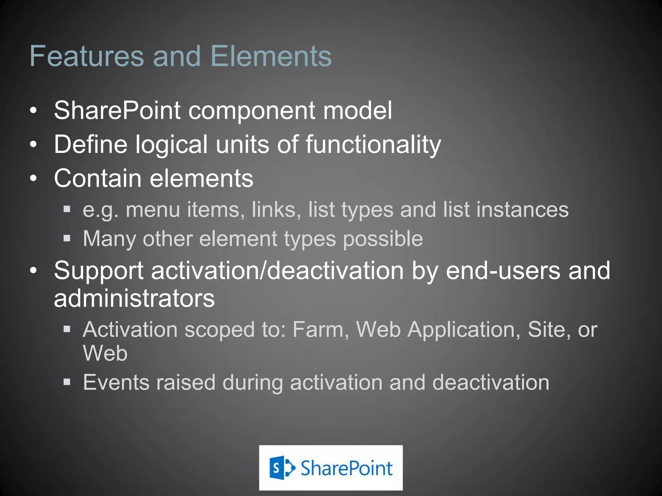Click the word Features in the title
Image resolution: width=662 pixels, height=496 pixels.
pyautogui.click(x=86, y=56)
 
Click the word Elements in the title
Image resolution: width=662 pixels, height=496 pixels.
pyautogui.click(x=271, y=56)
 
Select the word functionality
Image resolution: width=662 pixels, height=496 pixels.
pyautogui.click(x=373, y=144)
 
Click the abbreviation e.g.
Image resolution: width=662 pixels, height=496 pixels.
pyautogui.click(x=101, y=210)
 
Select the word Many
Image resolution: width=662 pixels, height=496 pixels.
pyautogui.click(x=109, y=239)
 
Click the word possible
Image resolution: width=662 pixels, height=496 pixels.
pyautogui.click(x=383, y=239)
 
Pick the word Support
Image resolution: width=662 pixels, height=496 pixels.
pyautogui.click(x=99, y=271)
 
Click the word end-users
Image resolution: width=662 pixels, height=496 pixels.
pyautogui.click(x=503, y=271)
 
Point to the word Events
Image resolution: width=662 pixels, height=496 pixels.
pyautogui.click(x=116, y=382)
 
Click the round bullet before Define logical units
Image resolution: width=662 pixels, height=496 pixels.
pyautogui.click(x=33, y=145)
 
